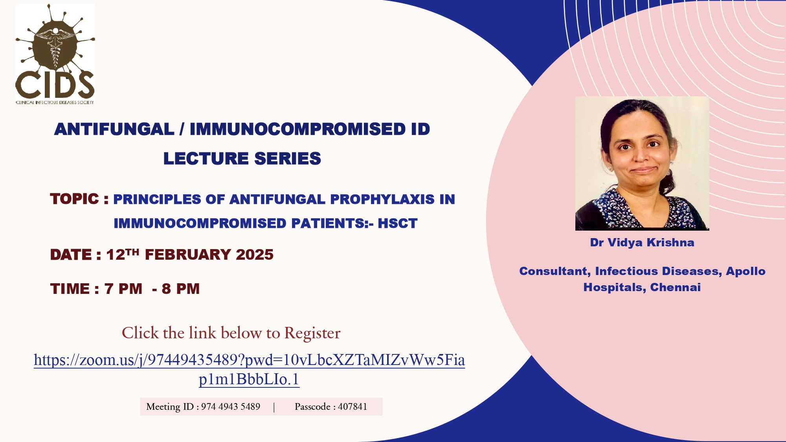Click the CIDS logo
55,54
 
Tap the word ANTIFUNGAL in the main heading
114,129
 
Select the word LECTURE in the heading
206,159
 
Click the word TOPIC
75,199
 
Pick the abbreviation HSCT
398,224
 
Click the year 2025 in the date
255,255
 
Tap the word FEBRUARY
188,255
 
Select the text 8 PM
181,289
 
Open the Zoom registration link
250,369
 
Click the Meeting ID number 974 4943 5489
231,407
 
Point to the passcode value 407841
353,407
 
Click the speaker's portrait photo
642,163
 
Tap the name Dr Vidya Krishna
642,243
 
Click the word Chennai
676,288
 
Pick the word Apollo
746,271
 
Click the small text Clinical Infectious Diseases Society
55,103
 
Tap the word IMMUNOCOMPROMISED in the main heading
298,129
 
